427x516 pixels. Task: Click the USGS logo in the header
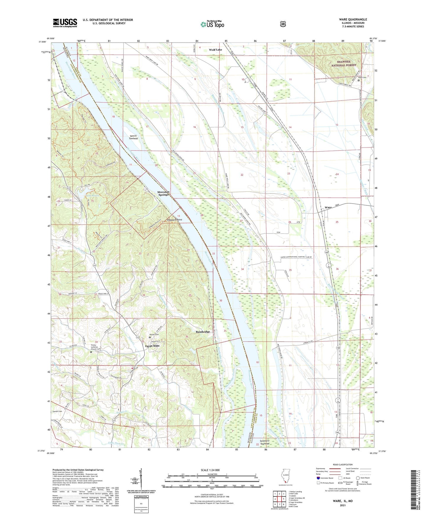pyautogui.click(x=65, y=23)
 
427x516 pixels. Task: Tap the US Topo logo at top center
pyautogui.click(x=212, y=24)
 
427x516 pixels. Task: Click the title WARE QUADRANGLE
pyautogui.click(x=353, y=20)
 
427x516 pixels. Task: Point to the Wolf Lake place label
pyautogui.click(x=215, y=50)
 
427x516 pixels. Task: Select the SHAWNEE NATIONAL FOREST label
pyautogui.click(x=344, y=63)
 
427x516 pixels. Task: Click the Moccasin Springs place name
pyautogui.click(x=163, y=193)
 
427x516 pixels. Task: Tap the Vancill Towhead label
pyautogui.click(x=133, y=137)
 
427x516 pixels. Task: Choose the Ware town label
pyautogui.click(x=328, y=207)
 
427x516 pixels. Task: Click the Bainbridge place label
pyautogui.click(x=203, y=332)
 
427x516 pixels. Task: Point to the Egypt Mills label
pyautogui.click(x=152, y=346)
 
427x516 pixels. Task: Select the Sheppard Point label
pyautogui.click(x=174, y=220)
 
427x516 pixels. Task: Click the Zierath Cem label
pyautogui.click(x=57, y=411)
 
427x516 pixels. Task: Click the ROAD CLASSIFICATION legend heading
pyautogui.click(x=342, y=465)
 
